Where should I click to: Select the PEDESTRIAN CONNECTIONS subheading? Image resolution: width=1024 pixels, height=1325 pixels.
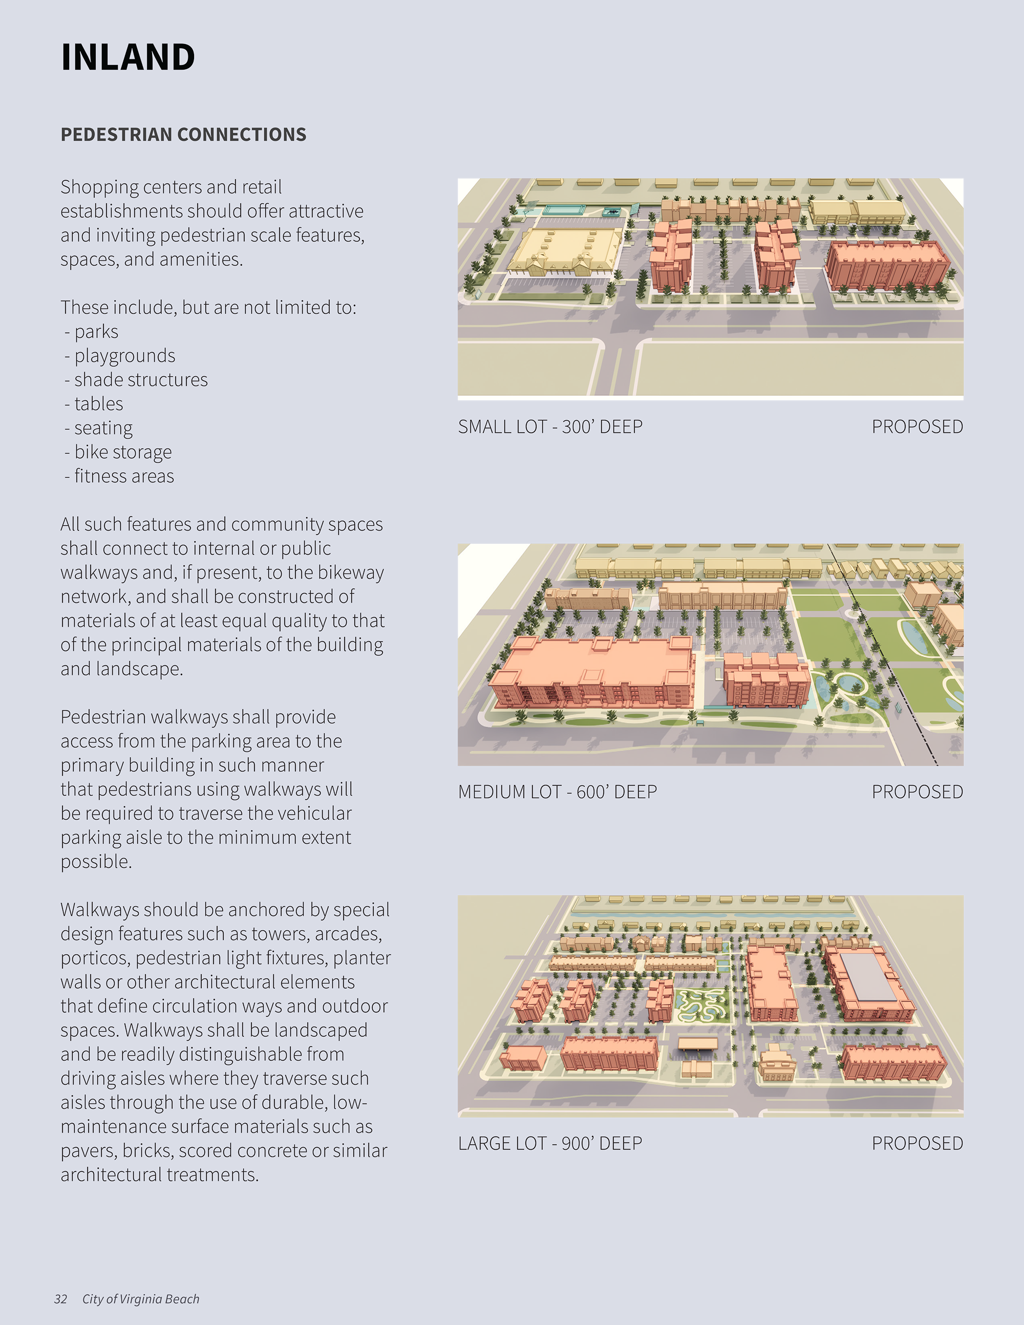point(183,134)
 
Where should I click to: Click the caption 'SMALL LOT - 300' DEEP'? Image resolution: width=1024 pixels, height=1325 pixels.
point(550,426)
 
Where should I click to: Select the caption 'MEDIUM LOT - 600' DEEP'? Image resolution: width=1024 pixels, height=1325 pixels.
point(558,792)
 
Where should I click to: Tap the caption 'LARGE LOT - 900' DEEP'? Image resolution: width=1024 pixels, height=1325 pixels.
point(550,1143)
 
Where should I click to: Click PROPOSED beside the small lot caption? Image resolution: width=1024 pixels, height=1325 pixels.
point(917,426)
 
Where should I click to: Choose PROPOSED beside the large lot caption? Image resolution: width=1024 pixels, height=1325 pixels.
point(917,1143)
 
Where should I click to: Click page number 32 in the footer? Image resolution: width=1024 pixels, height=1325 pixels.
point(60,1299)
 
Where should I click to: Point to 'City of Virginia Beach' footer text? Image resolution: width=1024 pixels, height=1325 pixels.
point(141,1299)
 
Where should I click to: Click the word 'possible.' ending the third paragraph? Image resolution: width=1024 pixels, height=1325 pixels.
point(96,862)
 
